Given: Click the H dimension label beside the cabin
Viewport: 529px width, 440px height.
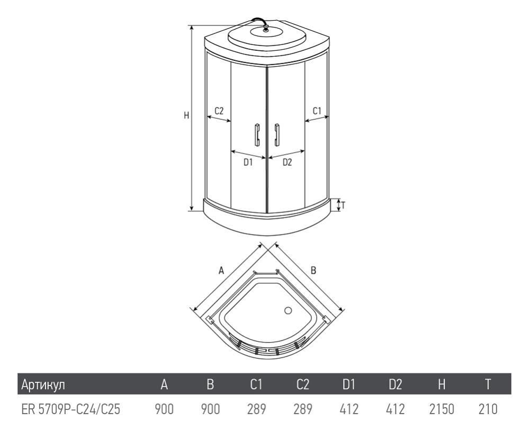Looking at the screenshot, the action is pyautogui.click(x=186, y=115).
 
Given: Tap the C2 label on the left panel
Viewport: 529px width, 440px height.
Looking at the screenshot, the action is pyautogui.click(x=219, y=111).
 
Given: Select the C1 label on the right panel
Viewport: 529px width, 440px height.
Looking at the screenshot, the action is pyautogui.click(x=317, y=111).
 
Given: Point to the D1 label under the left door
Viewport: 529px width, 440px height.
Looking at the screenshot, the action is pyautogui.click(x=248, y=163).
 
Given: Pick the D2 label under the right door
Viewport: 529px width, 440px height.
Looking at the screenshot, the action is pyautogui.click(x=287, y=163).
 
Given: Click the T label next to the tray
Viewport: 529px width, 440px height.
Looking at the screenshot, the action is pyautogui.click(x=343, y=205).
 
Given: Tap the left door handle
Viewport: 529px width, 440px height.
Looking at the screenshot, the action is pyautogui.click(x=257, y=134).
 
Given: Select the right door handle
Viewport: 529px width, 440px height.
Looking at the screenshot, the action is pyautogui.click(x=277, y=134).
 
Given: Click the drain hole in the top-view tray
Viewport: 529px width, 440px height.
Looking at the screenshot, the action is pyautogui.click(x=288, y=310).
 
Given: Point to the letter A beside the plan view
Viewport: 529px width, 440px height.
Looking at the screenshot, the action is pyautogui.click(x=221, y=270).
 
